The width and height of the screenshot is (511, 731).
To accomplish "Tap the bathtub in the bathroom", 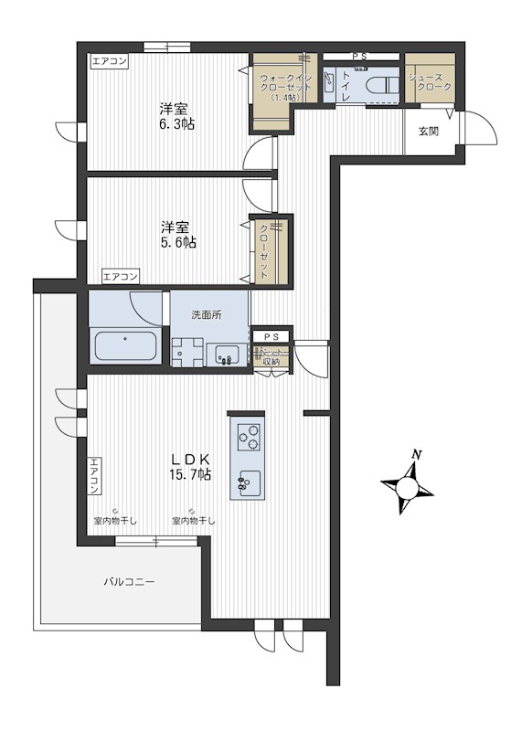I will pyautogui.click(x=125, y=348).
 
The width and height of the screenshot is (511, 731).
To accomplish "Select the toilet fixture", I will pyautogui.click(x=379, y=86).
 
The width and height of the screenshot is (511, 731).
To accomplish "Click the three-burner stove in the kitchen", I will pyautogui.click(x=249, y=439).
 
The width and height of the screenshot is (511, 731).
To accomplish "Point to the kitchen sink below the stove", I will pyautogui.click(x=248, y=480).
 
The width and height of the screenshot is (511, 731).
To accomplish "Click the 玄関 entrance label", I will pyautogui.click(x=429, y=132).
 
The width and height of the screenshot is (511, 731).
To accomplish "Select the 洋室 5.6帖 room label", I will pyautogui.click(x=178, y=234).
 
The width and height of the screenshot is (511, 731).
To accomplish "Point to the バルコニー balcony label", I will pyautogui.click(x=128, y=581).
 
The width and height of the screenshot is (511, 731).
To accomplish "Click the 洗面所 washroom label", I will pyautogui.click(x=206, y=315).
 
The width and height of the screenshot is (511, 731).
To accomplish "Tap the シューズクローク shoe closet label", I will pyautogui.click(x=430, y=79).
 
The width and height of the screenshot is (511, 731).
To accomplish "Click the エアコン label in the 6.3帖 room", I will pyautogui.click(x=110, y=62).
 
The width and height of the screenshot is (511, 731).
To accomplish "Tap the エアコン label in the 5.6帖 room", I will pyautogui.click(x=121, y=275).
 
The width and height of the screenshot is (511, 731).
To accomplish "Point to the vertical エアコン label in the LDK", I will pyautogui.click(x=94, y=477).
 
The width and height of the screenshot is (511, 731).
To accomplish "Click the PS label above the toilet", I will pyautogui.click(x=359, y=57).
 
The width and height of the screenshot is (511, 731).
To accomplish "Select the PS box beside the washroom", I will pyautogui.click(x=271, y=337).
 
